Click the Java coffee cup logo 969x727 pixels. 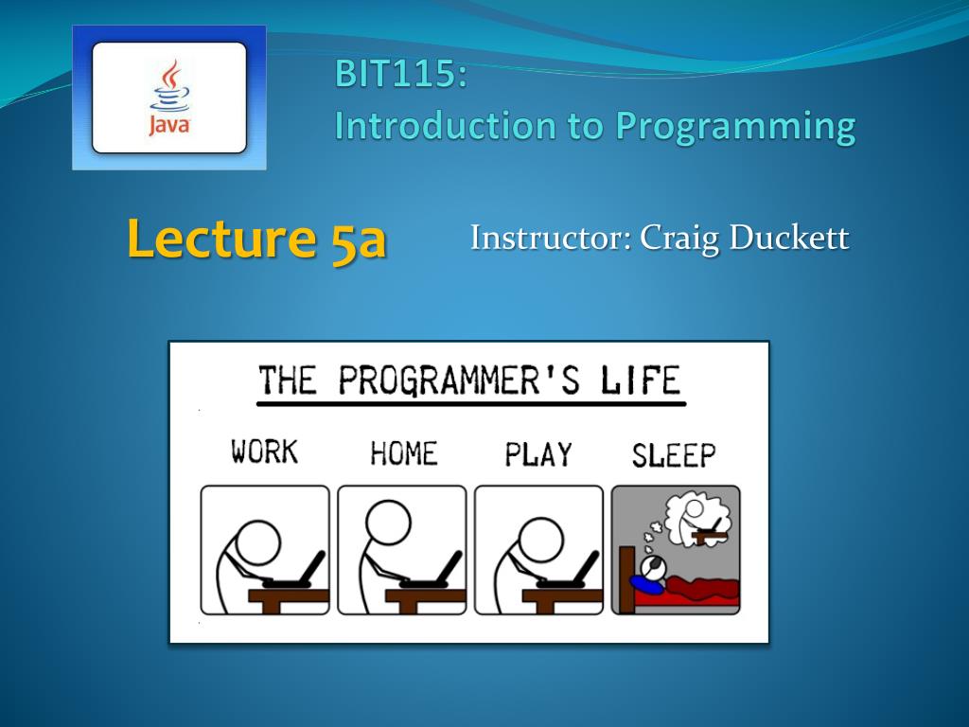point(169,98)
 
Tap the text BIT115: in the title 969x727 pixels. point(400,74)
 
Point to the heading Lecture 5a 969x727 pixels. point(256,239)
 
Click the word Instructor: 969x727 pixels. point(551,237)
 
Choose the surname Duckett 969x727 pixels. point(789,237)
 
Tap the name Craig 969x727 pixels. point(679,239)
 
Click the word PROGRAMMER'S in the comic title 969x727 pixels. point(459,380)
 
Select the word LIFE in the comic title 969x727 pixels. point(641,380)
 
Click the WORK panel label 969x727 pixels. point(265,452)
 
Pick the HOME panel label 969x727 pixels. point(403,453)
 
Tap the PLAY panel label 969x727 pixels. point(538,454)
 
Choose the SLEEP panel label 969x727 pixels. point(674,455)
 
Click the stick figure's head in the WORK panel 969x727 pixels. point(258,542)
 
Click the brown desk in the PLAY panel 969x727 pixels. point(562,600)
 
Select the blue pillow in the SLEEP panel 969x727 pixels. point(645,584)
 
